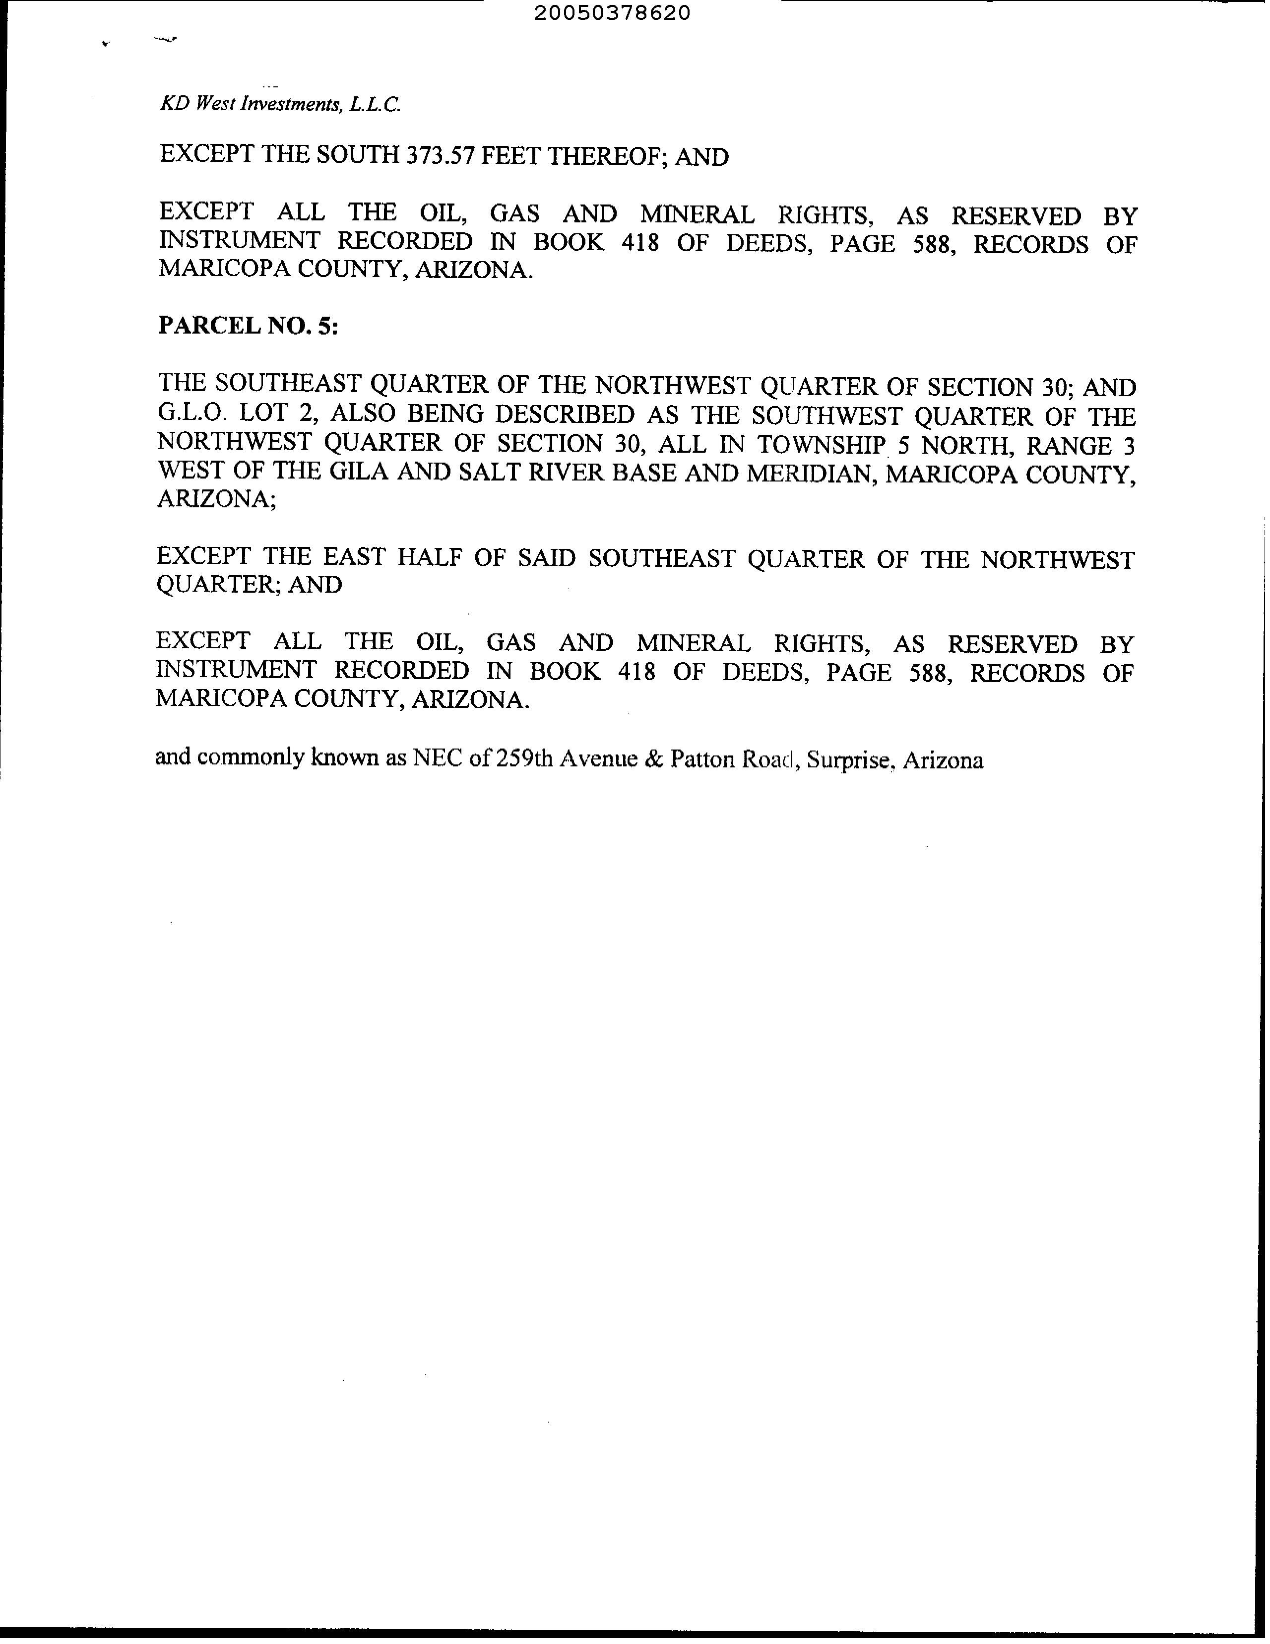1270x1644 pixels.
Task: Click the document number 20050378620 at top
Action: (x=612, y=13)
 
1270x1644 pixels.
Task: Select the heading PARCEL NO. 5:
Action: (x=248, y=326)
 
